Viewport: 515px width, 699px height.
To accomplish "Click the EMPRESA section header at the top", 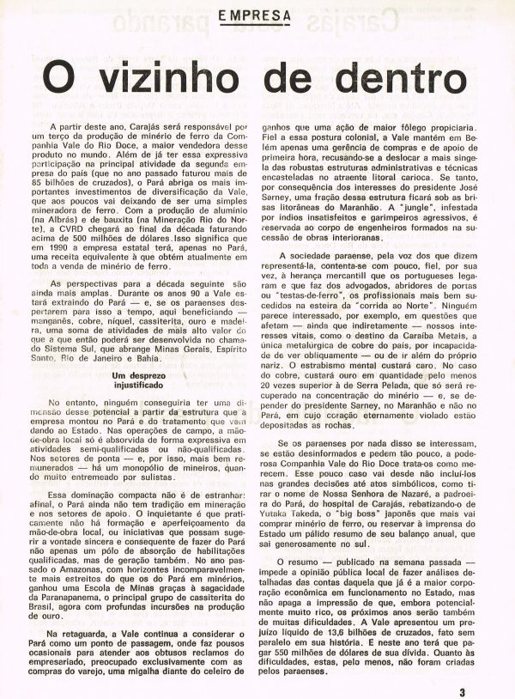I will pos(253,15).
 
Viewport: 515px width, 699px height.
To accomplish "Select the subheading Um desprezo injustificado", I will pos(143,358).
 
